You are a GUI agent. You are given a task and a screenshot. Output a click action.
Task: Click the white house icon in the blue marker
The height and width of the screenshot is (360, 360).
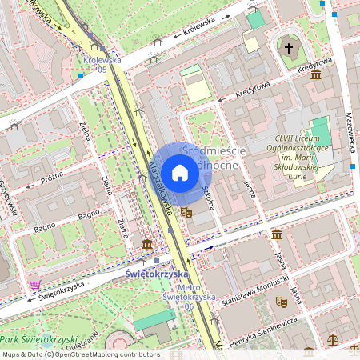click(180, 172)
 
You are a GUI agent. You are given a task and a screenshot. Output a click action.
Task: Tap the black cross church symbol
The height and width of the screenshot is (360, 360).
click(289, 49)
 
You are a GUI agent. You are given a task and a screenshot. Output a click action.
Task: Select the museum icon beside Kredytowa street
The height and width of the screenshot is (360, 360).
click(316, 74)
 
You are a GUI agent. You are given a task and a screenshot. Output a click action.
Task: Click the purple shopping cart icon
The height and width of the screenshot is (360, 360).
click(35, 284)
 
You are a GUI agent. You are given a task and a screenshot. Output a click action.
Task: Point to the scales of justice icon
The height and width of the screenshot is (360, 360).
click(333, 339)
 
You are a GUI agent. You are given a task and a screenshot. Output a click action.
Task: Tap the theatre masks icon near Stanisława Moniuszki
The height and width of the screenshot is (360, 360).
click(281, 302)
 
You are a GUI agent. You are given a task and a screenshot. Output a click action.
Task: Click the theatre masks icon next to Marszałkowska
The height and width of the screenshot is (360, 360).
click(186, 212)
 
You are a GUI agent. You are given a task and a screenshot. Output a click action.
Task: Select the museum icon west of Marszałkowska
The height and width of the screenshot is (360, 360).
click(146, 243)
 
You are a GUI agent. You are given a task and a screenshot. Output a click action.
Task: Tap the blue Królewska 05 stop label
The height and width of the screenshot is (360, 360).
click(102, 64)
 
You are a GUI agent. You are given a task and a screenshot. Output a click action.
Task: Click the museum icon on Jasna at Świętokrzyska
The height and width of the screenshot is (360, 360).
click(276, 234)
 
